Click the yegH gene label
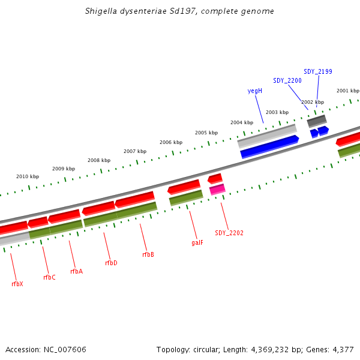[x=255, y=91]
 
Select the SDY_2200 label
[x=287, y=80]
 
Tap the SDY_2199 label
[x=318, y=71]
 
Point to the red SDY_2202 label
[x=229, y=233]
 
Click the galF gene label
[x=197, y=243]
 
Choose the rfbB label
[x=148, y=254]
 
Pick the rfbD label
[x=111, y=263]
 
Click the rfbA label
[x=76, y=271]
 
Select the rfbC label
[x=49, y=277]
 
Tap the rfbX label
[x=17, y=284]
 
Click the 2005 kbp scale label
[x=206, y=133]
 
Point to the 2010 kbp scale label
[x=27, y=176]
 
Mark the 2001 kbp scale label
[x=347, y=91]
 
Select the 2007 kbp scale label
[x=134, y=151]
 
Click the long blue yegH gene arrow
[x=269, y=147]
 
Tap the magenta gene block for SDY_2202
[x=217, y=190]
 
